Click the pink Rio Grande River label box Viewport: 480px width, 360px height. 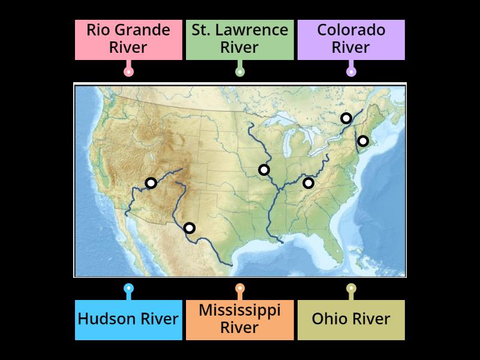tap(128, 39)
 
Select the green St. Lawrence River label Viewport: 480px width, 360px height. tap(240, 39)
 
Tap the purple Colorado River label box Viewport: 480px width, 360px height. tap(351, 39)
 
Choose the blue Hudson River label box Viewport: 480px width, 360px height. tap(128, 319)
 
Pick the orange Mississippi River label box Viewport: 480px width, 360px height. tap(240, 319)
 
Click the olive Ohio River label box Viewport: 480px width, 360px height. tap(351, 319)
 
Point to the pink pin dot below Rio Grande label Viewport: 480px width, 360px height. tap(128, 71)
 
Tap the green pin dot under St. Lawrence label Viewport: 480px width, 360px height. tap(240, 71)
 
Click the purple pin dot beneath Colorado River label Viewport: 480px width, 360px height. tap(351, 71)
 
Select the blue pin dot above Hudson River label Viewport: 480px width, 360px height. tap(128, 289)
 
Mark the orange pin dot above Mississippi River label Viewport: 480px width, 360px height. tap(240, 289)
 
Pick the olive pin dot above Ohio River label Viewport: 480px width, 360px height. tap(351, 289)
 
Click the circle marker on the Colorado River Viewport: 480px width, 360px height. tap(151, 183)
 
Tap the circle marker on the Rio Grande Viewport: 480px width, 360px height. tap(189, 228)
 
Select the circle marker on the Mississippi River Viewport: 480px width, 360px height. tap(264, 170)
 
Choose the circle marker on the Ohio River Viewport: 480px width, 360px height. tap(308, 183)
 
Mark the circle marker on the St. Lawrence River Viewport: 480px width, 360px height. tap(346, 118)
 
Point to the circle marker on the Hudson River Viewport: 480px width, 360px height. tap(363, 141)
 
